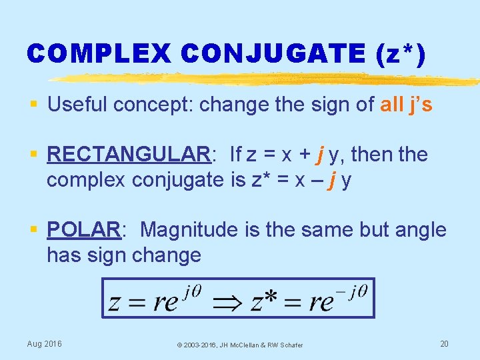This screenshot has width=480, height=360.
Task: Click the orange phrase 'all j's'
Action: click(406, 105)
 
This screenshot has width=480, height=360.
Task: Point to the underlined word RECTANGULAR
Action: click(128, 155)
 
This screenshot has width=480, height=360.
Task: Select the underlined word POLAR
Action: click(83, 230)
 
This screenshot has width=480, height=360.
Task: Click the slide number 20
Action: click(444, 343)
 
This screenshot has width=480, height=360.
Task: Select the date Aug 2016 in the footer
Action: click(44, 343)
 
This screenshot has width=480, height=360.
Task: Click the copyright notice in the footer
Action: click(239, 345)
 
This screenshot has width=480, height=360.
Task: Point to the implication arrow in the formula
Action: click(227, 302)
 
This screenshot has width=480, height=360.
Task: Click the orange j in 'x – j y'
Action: click(330, 180)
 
